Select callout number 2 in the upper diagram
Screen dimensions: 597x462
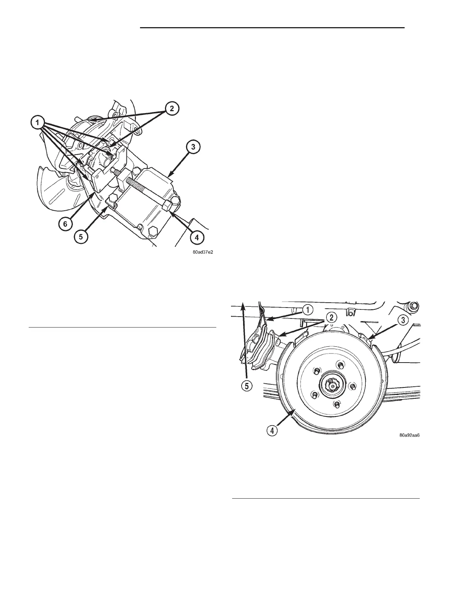click(x=172, y=109)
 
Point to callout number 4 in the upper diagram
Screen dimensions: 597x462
click(x=197, y=238)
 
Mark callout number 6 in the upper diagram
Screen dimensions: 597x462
click(x=65, y=223)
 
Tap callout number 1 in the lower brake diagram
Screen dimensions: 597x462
click(x=308, y=310)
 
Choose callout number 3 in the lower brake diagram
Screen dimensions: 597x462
click(x=403, y=320)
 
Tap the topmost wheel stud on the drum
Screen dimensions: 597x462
click(x=340, y=364)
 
